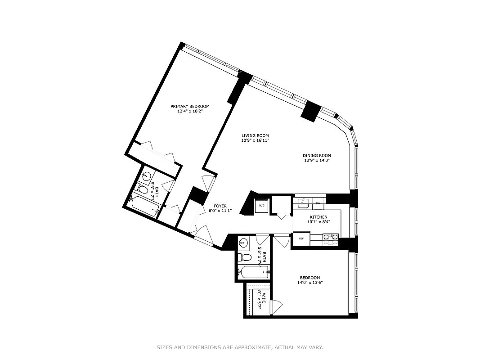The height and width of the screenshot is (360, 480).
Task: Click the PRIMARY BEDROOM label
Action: click(x=189, y=107)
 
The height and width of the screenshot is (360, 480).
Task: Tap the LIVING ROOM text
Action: click(x=255, y=135)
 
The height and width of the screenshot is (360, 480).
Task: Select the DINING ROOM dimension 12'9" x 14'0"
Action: click(x=316, y=160)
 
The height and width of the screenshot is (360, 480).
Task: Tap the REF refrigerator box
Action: click(x=301, y=238)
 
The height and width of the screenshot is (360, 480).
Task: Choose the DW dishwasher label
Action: click(x=318, y=203)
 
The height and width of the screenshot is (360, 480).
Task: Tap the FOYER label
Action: click(x=220, y=206)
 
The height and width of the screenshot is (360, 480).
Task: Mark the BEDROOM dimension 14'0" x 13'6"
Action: click(x=310, y=283)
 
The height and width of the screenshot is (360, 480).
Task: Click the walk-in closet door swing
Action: click(x=278, y=306)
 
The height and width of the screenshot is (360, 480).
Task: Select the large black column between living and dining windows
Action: click(x=311, y=111)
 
